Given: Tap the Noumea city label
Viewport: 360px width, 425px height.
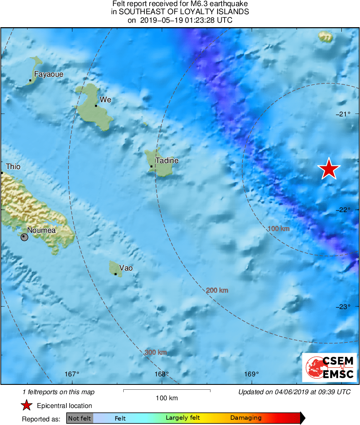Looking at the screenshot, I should click(x=41, y=230).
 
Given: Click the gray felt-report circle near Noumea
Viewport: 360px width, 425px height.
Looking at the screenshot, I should click(x=24, y=237).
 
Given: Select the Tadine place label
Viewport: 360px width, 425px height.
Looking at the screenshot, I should click(x=167, y=161).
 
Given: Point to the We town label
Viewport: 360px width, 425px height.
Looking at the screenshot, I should click(x=105, y=100).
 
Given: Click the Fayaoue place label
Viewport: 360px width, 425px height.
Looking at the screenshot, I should click(x=49, y=74).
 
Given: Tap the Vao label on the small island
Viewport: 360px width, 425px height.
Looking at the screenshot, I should click(x=126, y=268).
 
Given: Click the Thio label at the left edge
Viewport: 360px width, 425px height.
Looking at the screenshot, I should click(x=13, y=167).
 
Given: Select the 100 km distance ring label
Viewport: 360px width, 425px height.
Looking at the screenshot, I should click(x=279, y=229).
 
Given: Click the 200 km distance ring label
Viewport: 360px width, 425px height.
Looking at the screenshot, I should click(x=217, y=290).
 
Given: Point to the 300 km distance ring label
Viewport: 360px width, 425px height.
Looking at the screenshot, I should click(x=156, y=352).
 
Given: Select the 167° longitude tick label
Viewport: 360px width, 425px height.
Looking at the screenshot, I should click(x=72, y=374).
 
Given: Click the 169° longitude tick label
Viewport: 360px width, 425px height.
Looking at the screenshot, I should click(x=252, y=374).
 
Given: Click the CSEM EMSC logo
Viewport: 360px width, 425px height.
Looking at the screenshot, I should click(x=330, y=367).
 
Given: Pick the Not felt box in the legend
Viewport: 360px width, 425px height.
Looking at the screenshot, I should click(x=79, y=418).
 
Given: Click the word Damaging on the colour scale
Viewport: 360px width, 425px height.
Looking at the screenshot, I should click(x=246, y=418).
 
